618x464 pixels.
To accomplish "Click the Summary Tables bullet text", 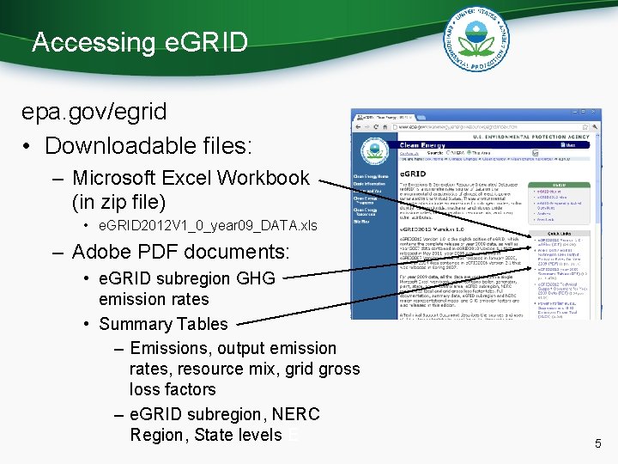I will (x=163, y=324).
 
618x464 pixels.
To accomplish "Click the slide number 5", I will (x=598, y=444).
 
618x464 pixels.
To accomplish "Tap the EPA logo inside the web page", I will (x=373, y=151).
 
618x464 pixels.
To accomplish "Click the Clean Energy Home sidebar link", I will (x=371, y=176).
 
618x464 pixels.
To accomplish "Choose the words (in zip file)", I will (x=119, y=203).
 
